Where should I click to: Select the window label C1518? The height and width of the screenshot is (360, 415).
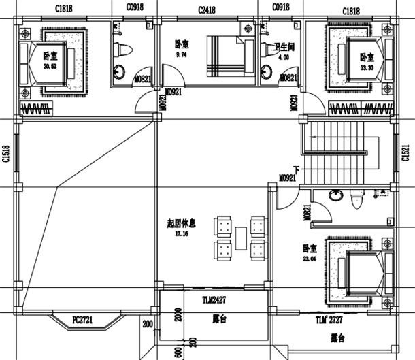tap(5, 157)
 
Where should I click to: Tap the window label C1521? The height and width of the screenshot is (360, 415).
tap(406, 156)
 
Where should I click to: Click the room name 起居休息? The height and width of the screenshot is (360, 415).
tap(181, 223)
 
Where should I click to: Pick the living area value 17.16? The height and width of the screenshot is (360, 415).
tap(180, 233)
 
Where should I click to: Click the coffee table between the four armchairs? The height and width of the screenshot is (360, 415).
tap(241, 237)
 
